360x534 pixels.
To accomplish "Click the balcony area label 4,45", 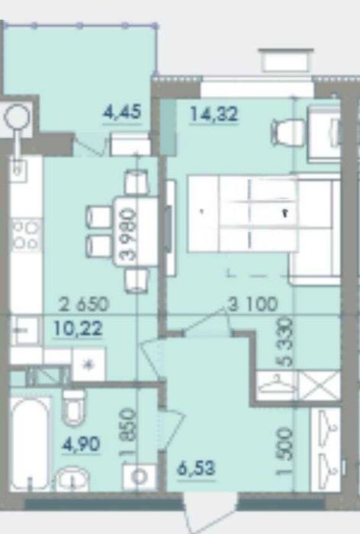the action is point(122,112).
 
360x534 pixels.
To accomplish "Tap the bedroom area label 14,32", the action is point(214,114).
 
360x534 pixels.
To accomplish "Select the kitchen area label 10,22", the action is point(78,329).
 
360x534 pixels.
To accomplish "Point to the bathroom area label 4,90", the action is point(81,444).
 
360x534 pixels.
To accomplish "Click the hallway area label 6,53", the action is point(196,468).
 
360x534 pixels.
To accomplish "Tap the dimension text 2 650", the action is point(84,304).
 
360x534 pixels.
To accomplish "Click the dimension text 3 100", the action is point(253,304).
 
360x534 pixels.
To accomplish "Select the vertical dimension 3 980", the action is point(130,235).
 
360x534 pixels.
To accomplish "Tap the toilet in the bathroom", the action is point(74,407).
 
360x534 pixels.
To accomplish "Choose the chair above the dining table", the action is point(137,182).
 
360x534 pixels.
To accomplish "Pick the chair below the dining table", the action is point(137,280).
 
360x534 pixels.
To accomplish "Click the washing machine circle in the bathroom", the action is point(139,477).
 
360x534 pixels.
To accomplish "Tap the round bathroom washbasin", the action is point(72,479).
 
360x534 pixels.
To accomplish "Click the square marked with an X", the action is point(320,386).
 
